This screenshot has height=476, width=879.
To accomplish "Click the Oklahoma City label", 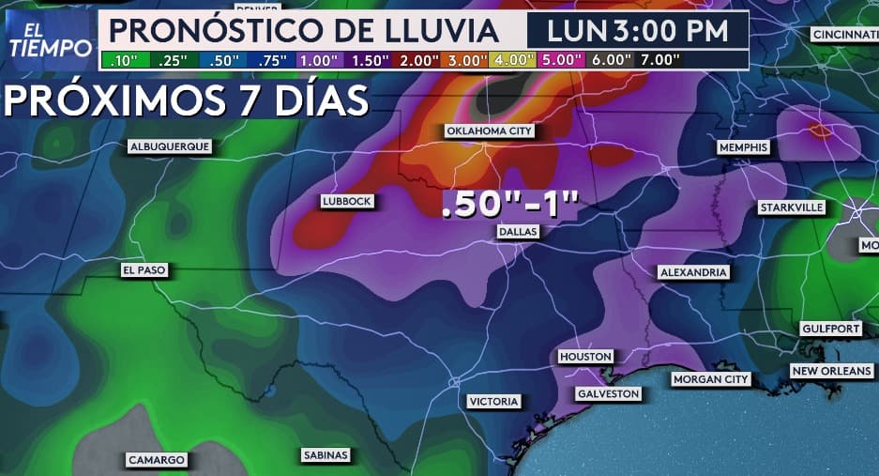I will point(489,131).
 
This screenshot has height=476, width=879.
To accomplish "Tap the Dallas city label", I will point(517,232).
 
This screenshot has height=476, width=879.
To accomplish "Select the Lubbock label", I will point(347,201).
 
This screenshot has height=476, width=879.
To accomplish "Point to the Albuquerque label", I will point(170,146).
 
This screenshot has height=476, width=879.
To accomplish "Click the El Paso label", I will point(144,270).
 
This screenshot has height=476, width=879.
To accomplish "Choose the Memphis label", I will point(743,147).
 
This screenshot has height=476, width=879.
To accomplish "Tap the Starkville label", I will point(791,207).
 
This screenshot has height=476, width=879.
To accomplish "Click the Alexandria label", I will point(693,271).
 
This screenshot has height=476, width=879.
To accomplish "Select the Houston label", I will point(585,357).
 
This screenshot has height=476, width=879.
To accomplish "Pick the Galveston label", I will point(608,393).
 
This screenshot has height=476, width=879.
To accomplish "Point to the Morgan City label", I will point(711,379).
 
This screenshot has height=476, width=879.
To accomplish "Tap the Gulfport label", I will point(831,329).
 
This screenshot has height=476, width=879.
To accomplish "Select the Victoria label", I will point(493,402).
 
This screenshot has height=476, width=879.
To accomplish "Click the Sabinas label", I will point(326,455).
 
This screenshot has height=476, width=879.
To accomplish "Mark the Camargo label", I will point(157,460).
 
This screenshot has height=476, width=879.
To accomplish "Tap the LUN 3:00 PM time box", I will point(637,30).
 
